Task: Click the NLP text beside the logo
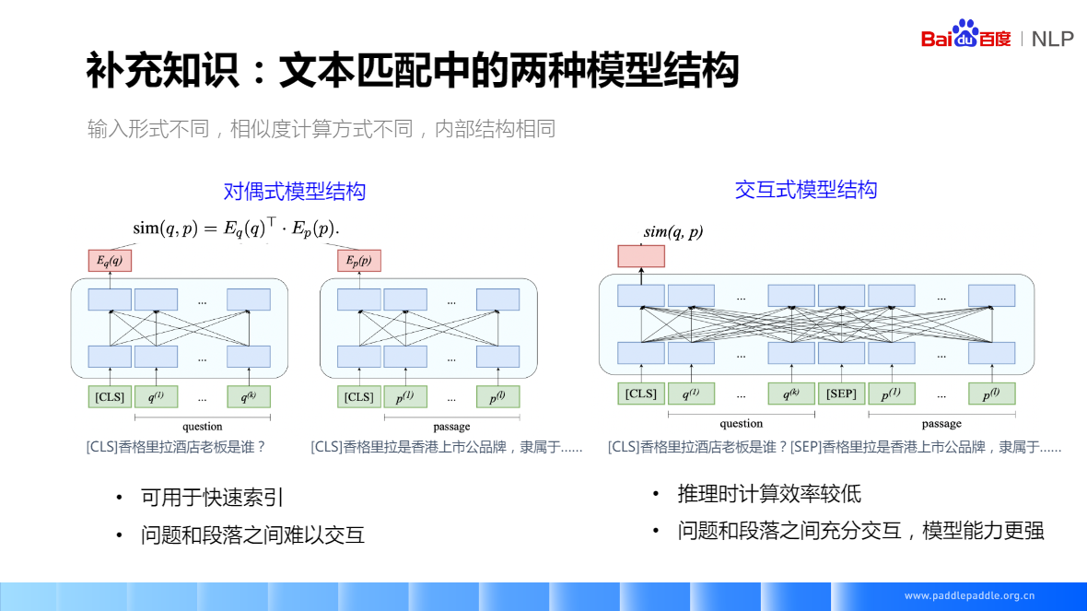(1052, 39)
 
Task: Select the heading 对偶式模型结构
(295, 192)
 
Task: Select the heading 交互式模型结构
(806, 190)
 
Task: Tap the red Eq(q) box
(110, 261)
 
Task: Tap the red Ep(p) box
(359, 261)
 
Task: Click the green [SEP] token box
(841, 394)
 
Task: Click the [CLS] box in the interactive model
(641, 394)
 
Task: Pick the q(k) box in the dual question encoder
(249, 396)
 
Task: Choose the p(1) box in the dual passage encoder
(405, 396)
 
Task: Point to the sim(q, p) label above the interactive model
(672, 232)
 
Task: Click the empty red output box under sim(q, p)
(641, 256)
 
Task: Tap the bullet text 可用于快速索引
(212, 498)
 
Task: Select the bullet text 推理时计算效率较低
(769, 494)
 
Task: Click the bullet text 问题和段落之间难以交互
(252, 535)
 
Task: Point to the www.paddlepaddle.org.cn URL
(969, 595)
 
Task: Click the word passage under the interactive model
(941, 423)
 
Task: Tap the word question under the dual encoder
(203, 426)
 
